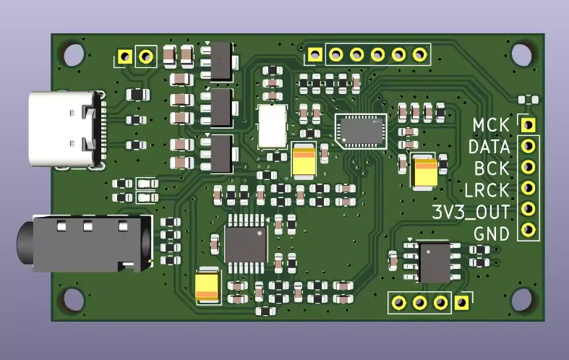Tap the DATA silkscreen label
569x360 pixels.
[489, 147]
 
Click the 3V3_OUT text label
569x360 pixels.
[470, 212]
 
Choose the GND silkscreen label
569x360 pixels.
[492, 233]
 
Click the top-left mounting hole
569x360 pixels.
[73, 54]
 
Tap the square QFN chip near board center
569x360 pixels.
[361, 130]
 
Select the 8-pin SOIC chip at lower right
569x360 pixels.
[434, 262]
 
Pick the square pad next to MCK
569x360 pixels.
[529, 124]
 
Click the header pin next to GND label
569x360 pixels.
[529, 231]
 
